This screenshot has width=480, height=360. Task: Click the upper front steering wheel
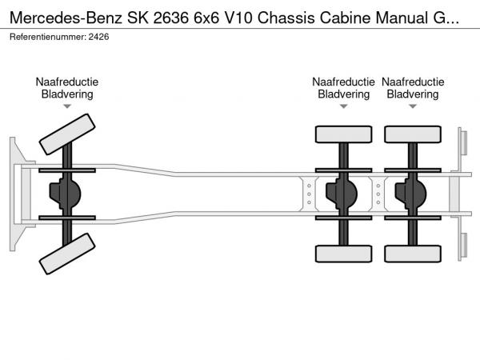pos(67,134)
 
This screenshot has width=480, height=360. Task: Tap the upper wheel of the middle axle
pos(343,134)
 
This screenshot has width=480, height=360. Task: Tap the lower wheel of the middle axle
pos(343,254)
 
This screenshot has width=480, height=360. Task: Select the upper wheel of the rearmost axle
pos(412,134)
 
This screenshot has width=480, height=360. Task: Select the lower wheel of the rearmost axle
pos(412,254)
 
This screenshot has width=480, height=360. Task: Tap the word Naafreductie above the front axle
pos(67,82)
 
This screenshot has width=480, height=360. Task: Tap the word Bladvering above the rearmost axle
pos(412,94)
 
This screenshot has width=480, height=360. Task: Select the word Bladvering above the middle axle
pos(343,94)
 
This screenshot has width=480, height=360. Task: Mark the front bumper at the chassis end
pos(15,194)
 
